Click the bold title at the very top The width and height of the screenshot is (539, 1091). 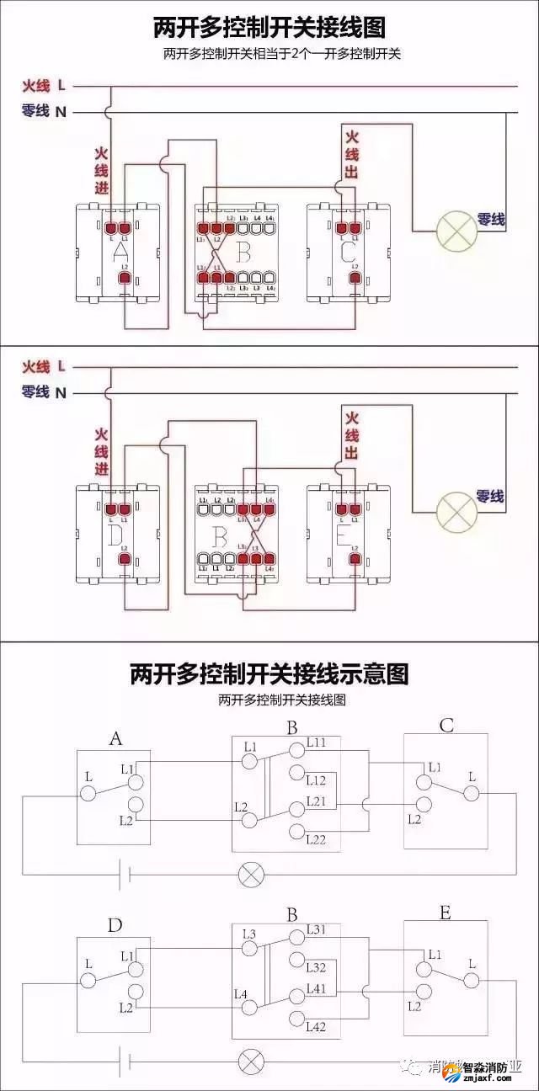269,28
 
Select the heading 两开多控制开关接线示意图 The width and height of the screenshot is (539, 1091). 269,673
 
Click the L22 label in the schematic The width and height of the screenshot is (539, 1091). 317,839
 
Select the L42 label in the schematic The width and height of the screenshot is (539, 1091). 317,1026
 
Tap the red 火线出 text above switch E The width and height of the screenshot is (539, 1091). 351,434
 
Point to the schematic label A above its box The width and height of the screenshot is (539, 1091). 115,738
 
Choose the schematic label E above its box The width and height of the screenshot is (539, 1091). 446,913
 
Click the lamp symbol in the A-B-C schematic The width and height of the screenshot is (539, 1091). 250,875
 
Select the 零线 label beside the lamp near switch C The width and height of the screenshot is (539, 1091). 491,220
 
